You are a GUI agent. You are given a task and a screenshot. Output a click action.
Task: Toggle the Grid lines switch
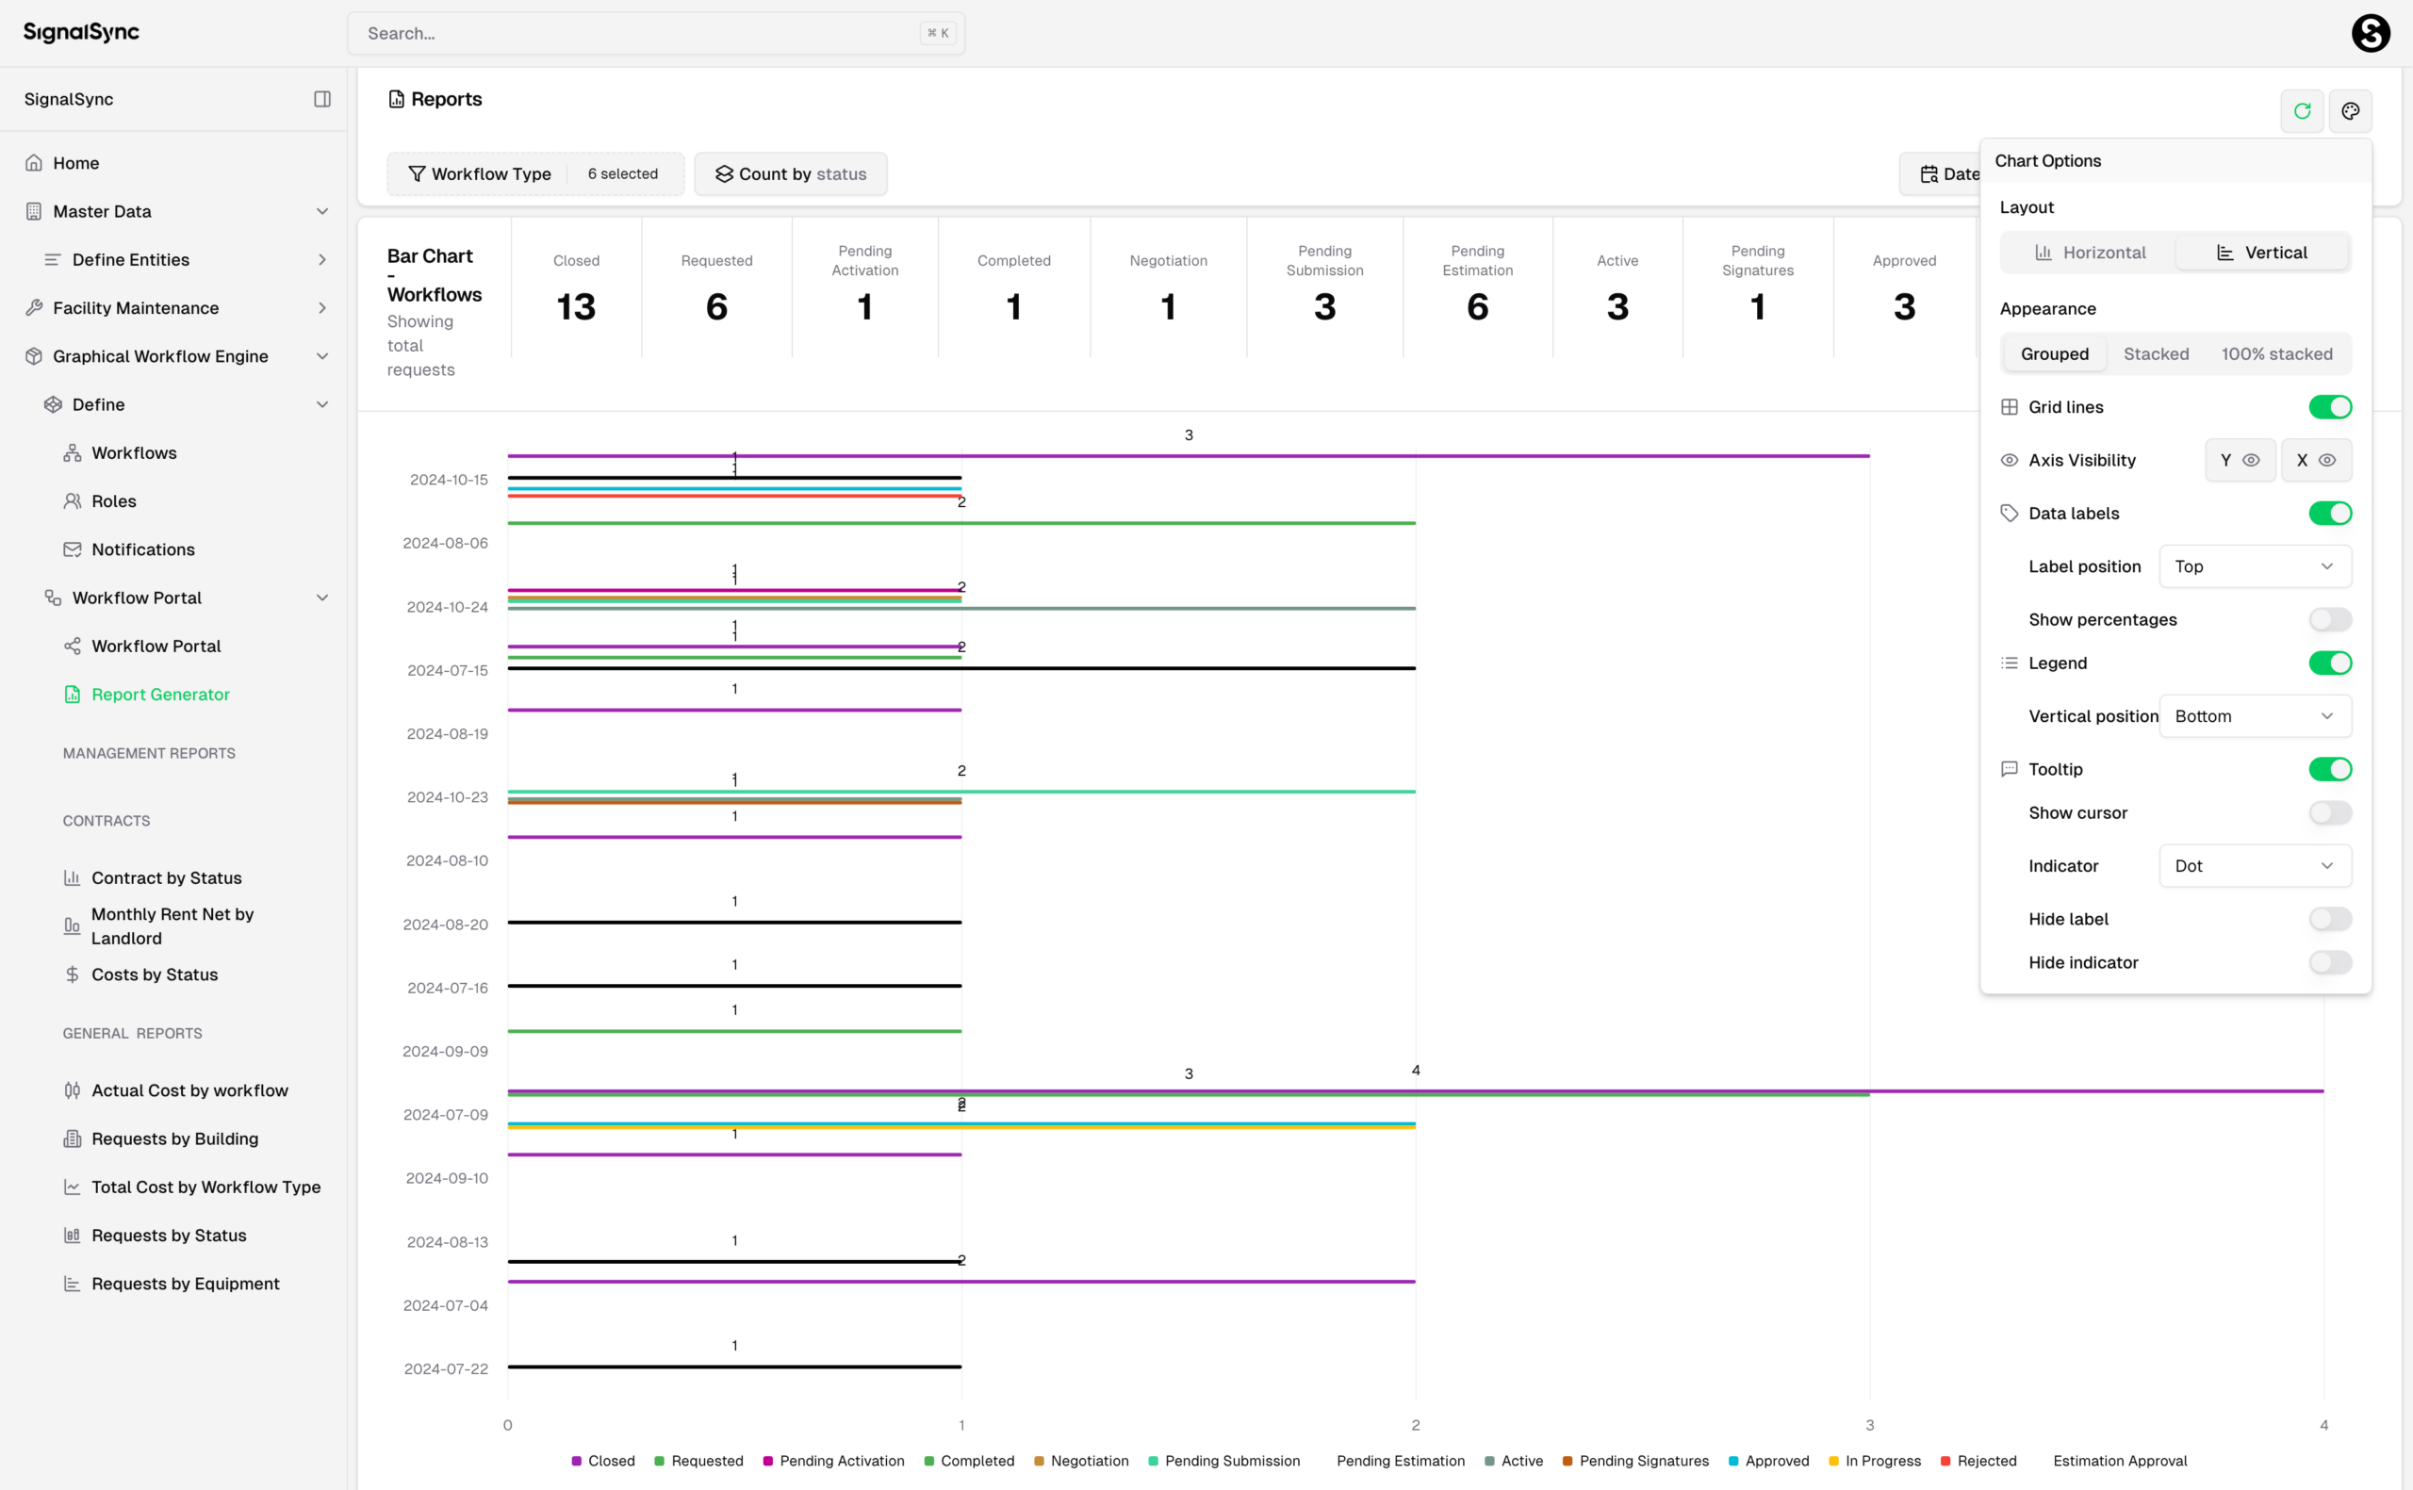pos(2329,407)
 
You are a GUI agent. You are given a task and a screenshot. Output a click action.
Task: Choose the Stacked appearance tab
pos(2155,353)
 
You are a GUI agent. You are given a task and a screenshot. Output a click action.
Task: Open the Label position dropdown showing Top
pos(2254,566)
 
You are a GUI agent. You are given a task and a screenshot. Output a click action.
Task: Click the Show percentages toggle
pos(2329,620)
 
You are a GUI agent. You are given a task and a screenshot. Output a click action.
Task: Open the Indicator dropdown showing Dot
pos(2254,866)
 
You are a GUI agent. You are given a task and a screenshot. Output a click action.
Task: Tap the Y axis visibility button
pos(2239,460)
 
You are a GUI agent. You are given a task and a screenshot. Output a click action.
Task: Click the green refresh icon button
pos(2302,111)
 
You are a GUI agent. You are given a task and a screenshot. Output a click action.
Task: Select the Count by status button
pos(790,174)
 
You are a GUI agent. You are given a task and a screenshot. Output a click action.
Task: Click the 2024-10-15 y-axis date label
pos(449,480)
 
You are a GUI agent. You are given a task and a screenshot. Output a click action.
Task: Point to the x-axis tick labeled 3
pos(1869,1425)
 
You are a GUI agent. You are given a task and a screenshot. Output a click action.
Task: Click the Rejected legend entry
pos(1978,1462)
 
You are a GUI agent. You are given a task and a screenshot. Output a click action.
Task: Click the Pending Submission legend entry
pos(1223,1462)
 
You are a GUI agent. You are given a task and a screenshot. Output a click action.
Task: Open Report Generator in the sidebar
pos(159,695)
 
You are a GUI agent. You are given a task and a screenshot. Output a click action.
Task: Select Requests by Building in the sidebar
pos(174,1139)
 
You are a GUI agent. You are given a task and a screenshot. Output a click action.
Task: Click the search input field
pos(640,34)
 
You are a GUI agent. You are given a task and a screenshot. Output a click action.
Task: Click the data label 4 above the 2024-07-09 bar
pos(1415,1071)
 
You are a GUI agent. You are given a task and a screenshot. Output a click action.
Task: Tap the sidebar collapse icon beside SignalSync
pos(322,100)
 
